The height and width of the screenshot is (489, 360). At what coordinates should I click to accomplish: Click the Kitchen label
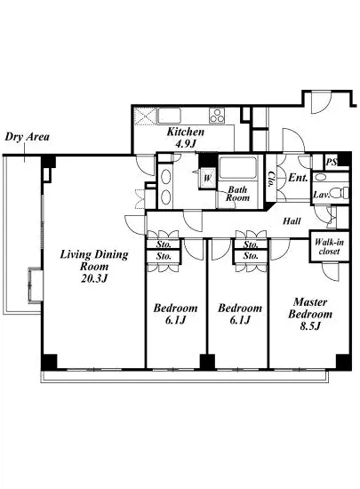coord(186,132)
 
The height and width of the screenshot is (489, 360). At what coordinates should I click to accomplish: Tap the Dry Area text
coord(28,137)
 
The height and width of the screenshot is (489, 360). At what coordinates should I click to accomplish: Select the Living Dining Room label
coord(94,261)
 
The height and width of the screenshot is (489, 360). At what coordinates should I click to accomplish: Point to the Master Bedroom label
coord(310,308)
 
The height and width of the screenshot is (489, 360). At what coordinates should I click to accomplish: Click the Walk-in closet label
coord(329,246)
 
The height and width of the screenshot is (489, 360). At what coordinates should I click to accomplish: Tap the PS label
coord(332,162)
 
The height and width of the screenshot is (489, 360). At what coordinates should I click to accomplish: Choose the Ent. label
coord(298,178)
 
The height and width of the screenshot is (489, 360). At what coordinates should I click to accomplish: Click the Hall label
coord(292,221)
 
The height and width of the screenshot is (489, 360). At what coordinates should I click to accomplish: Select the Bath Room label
coord(238,194)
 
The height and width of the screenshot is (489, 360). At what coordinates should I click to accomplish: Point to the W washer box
coord(208,179)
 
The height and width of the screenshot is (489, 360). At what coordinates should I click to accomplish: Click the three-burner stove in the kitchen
coord(217,116)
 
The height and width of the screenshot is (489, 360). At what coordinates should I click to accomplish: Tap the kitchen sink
coord(169,116)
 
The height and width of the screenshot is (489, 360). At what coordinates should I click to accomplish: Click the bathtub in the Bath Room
coord(238,168)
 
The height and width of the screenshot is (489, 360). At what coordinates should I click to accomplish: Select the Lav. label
coord(321,195)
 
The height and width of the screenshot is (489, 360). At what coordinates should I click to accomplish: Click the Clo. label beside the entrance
coord(271,180)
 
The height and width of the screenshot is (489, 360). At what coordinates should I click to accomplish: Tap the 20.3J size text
coord(94,278)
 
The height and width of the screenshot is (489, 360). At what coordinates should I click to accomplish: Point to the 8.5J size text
coord(310,326)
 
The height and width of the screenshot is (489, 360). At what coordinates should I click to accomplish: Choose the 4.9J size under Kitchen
coord(186,144)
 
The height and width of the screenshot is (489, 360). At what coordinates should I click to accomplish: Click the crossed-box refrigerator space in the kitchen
coord(145,116)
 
